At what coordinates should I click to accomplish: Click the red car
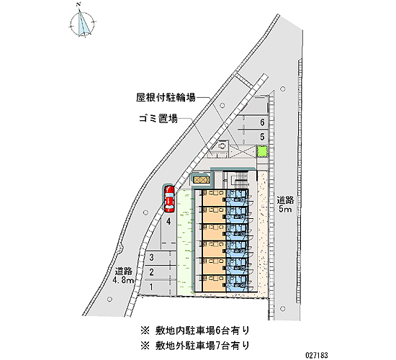tap(169, 199)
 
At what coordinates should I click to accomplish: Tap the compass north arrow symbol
tap(82, 23)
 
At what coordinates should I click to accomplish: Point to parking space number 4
tap(168, 222)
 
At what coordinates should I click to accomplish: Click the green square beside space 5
tap(262, 151)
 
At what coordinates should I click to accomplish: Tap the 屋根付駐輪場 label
tap(166, 97)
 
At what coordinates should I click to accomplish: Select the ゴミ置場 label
tap(158, 119)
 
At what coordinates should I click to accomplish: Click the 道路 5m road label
tap(285, 204)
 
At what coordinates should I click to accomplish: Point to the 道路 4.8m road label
tap(124, 276)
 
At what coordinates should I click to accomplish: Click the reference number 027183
tap(317, 355)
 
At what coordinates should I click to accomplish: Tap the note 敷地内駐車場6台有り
tap(195, 330)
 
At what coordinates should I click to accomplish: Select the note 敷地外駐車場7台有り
tap(195, 345)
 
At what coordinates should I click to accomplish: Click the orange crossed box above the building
tap(201, 179)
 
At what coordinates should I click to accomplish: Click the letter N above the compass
tap(79, 4)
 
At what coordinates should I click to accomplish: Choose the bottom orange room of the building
tap(214, 283)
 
